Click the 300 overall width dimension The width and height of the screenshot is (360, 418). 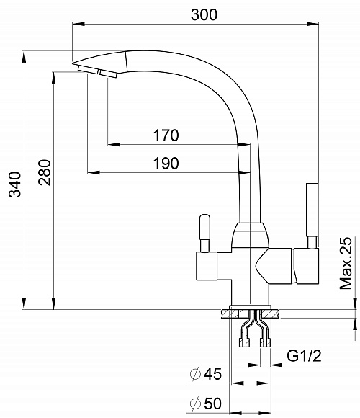[204, 14]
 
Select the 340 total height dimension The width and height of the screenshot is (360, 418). [15, 184]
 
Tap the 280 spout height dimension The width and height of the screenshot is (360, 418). [44, 172]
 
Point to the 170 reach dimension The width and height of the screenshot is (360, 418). [166, 135]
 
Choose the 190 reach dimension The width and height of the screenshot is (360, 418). [166, 163]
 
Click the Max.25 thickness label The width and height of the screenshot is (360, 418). [346, 263]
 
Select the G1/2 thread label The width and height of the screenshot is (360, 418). [304, 355]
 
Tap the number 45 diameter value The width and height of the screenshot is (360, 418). [212, 374]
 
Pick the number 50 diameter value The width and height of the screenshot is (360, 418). [212, 404]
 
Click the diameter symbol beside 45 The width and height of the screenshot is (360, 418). [195, 374]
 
